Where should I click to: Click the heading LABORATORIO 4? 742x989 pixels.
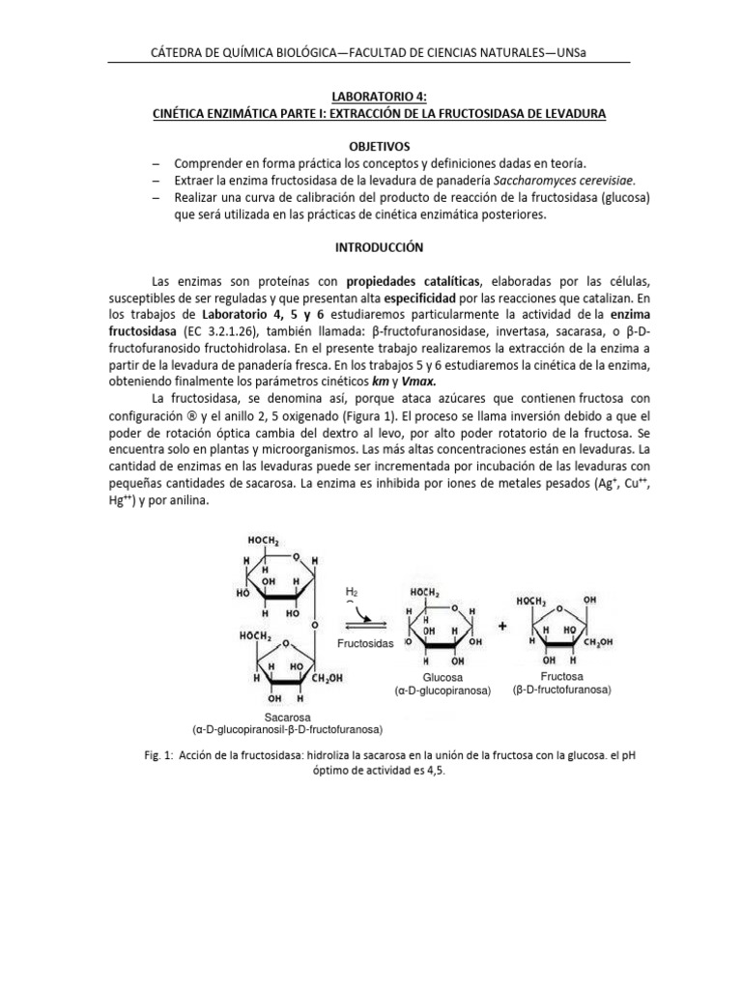pyautogui.click(x=370, y=97)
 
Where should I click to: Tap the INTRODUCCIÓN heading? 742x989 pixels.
pyautogui.click(x=370, y=247)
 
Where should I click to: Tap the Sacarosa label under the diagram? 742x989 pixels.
pyautogui.click(x=302, y=717)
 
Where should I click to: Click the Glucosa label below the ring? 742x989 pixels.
pyautogui.click(x=442, y=678)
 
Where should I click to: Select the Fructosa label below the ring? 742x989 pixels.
pyautogui.click(x=562, y=677)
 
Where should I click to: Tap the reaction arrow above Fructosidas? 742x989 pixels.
pyautogui.click(x=365, y=624)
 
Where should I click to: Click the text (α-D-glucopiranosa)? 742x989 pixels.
pyautogui.click(x=442, y=692)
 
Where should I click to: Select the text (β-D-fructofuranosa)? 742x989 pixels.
pyautogui.click(x=562, y=691)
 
